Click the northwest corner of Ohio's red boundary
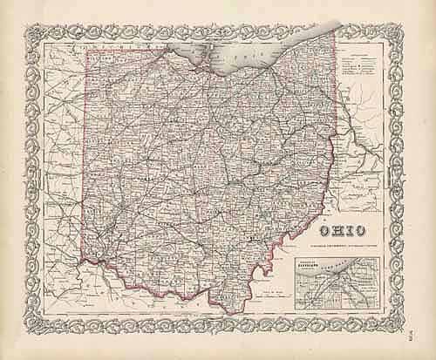[x=86, y=51]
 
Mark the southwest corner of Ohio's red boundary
[x=83, y=259]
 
